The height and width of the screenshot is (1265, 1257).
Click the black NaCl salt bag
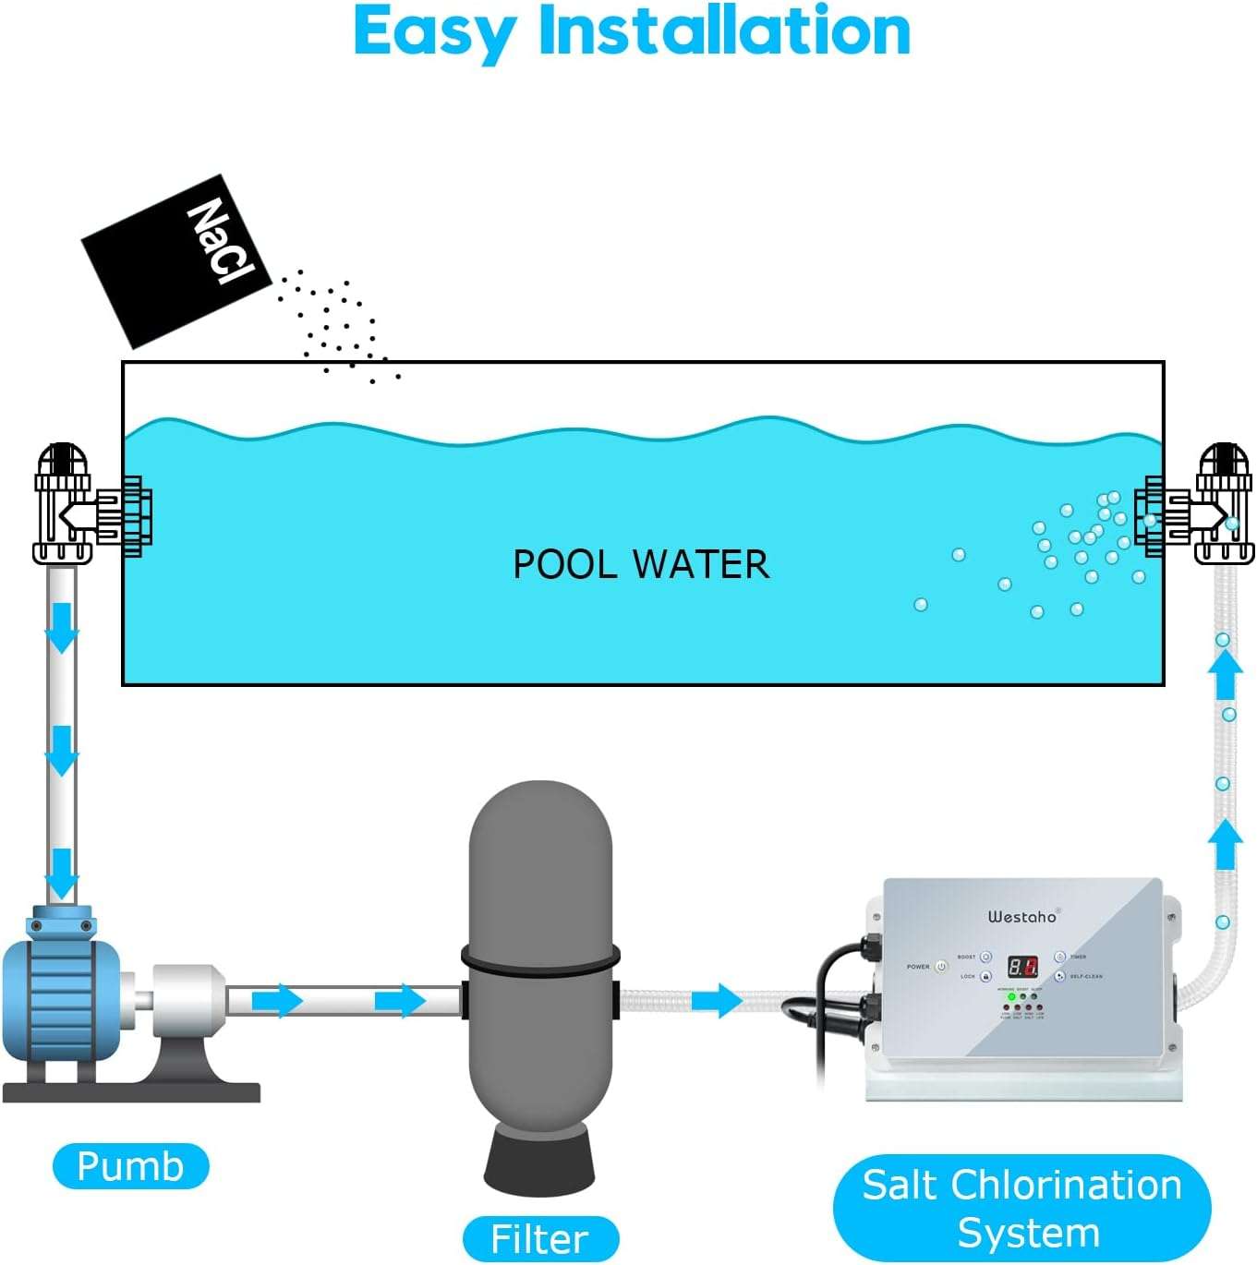pos(175,261)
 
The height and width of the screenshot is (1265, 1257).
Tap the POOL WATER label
pos(641,564)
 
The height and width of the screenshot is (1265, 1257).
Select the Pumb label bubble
pos(130,1166)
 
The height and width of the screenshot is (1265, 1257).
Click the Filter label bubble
pos(539,1238)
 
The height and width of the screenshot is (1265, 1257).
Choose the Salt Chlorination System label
pos(1021,1208)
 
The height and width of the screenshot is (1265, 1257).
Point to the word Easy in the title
pos(434,33)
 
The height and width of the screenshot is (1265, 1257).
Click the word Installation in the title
pos(724,31)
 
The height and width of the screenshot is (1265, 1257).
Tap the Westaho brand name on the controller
pos(1022,916)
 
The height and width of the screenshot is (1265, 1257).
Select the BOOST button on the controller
pos(985,958)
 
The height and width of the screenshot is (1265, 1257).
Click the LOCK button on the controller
pos(985,976)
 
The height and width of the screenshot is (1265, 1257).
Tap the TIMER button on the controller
pos(1060,958)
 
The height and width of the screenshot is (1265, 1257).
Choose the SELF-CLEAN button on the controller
pos(1060,976)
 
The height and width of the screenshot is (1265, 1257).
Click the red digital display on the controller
pos(1022,967)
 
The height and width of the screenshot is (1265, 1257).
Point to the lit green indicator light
pos(1011,997)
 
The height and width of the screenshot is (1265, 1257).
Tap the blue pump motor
pos(60,997)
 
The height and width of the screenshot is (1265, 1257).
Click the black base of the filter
pos(539,1163)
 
